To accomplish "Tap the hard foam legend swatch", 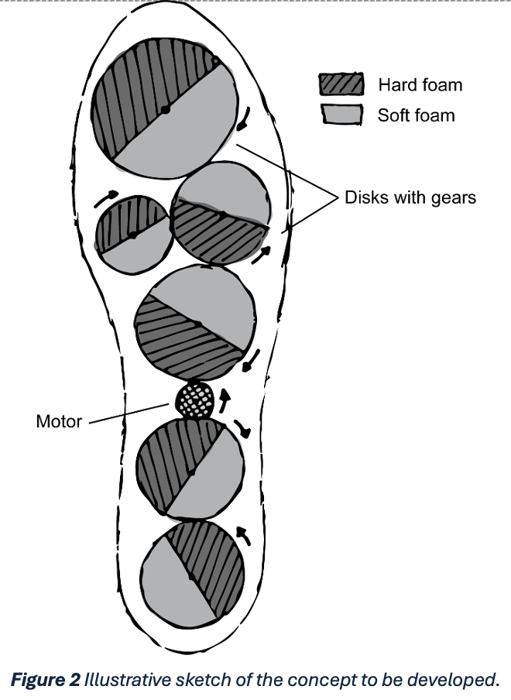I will point(341,84).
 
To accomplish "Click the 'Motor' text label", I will point(59,423).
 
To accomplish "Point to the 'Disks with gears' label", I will point(410,197).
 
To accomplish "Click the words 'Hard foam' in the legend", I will point(420,84).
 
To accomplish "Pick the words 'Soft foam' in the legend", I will point(416,116).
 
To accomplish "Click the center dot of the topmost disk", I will point(164,110).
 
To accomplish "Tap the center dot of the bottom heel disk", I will point(190,577).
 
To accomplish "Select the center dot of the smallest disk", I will point(133,234).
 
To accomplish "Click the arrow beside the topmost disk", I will point(245,117).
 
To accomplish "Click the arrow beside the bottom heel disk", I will point(243,535).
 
